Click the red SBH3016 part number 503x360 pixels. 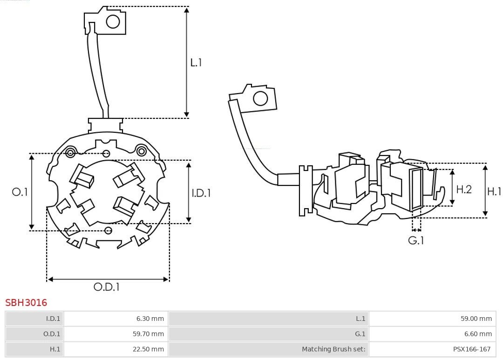tap(26, 303)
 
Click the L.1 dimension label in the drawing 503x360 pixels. tap(196, 62)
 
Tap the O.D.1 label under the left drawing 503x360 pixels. tap(107, 287)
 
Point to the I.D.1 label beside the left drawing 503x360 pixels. tap(201, 192)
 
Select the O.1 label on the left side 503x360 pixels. tap(20, 192)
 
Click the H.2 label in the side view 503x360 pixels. tap(464, 189)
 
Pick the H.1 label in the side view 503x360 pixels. tap(494, 191)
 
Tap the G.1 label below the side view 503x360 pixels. tap(416, 241)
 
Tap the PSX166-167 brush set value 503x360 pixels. tap(472, 349)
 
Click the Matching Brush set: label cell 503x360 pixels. tap(333, 349)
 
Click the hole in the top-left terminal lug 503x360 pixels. tap(113, 21)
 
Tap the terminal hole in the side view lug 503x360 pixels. tap(260, 98)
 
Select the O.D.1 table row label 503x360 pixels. tap(53, 334)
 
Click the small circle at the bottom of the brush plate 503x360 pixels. tap(109, 230)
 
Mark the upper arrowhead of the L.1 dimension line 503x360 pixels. tap(187, 10)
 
